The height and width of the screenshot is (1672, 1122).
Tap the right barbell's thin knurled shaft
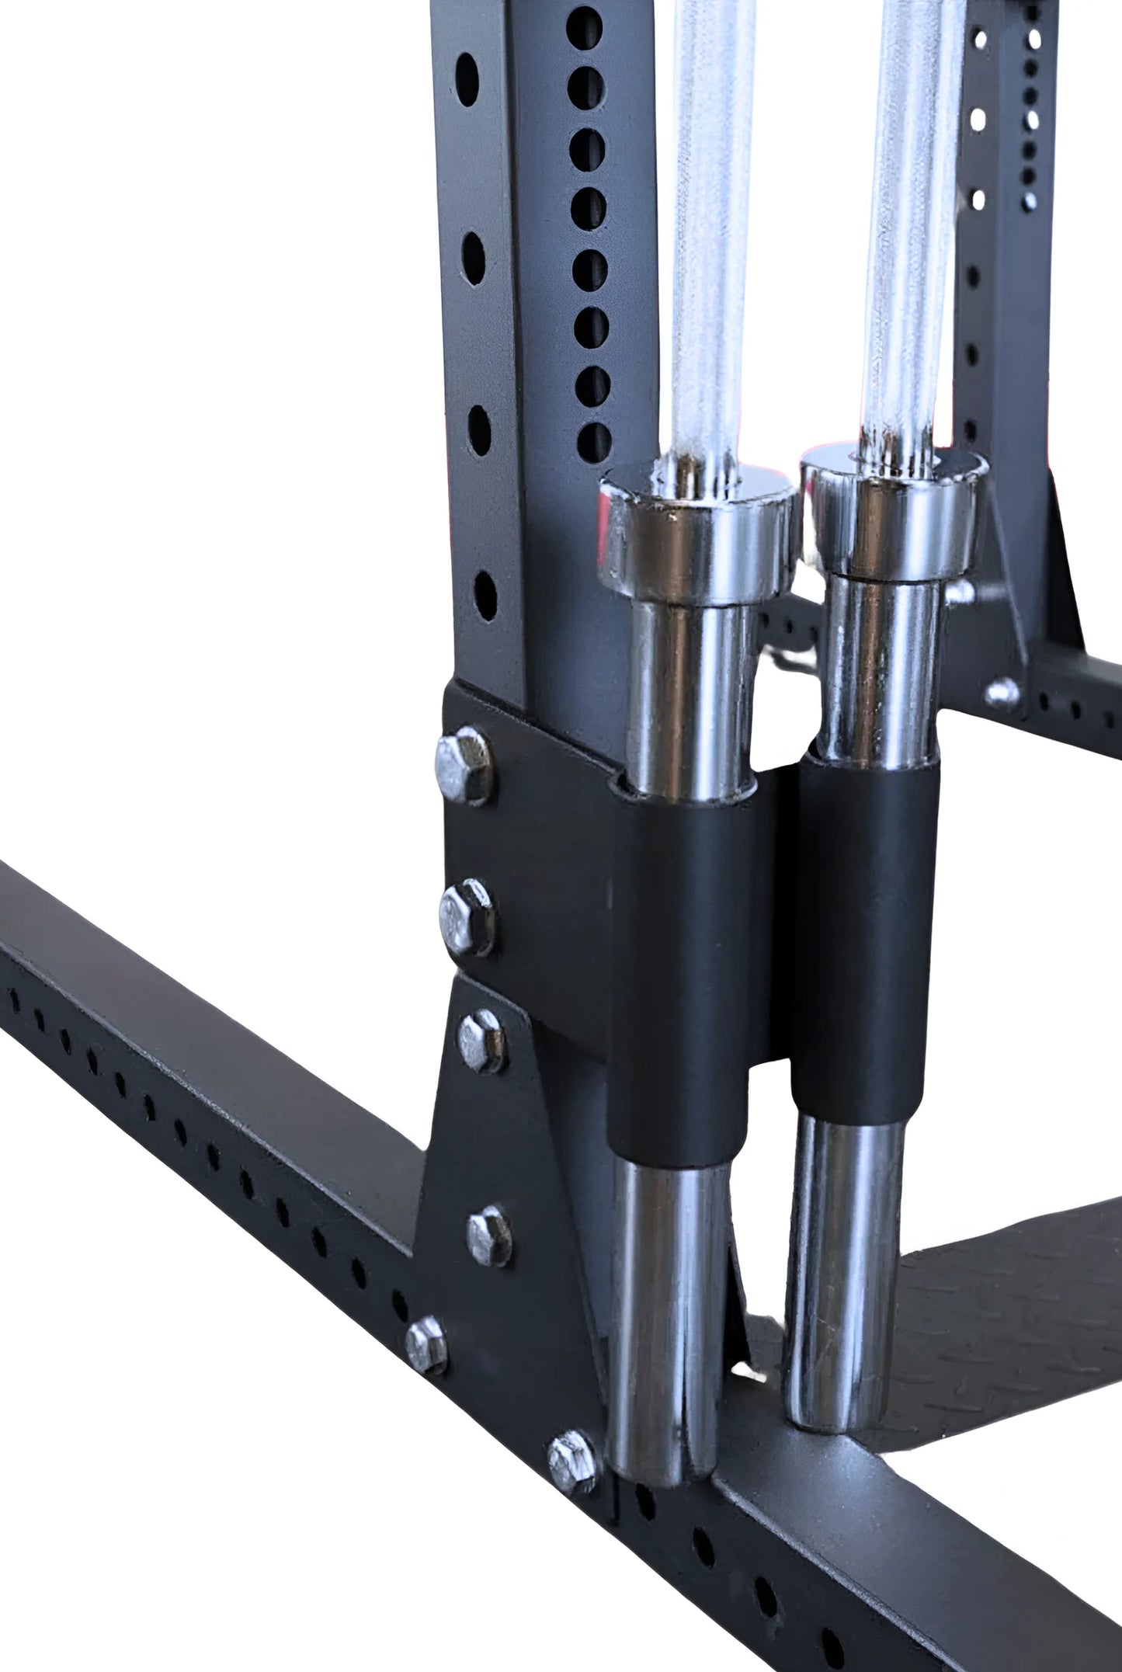(x=908, y=233)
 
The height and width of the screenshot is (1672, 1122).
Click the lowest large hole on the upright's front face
(x=484, y=596)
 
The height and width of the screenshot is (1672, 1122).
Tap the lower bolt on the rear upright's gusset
(x=1004, y=692)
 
